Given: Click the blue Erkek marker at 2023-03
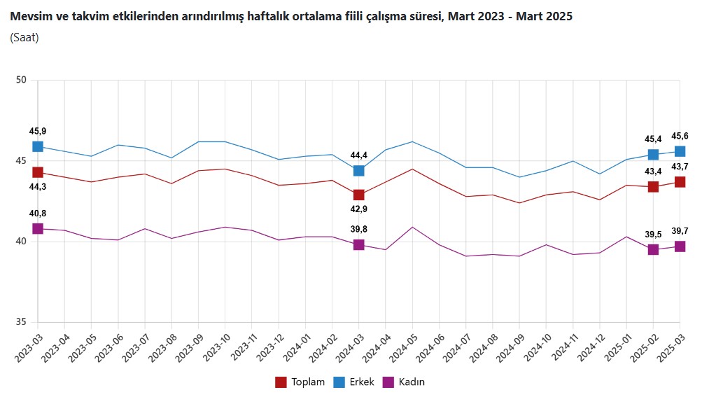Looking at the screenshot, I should (x=38, y=146).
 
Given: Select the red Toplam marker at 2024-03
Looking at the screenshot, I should (x=358, y=195).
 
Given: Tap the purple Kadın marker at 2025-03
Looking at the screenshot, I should (x=680, y=246).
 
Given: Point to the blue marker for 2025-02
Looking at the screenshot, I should (x=653, y=155).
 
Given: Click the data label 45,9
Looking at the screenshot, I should (x=38, y=131).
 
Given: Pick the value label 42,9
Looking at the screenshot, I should (x=358, y=210).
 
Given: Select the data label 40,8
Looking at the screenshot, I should (x=38, y=214).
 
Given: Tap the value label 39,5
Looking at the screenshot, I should (x=653, y=234).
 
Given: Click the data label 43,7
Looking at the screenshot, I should (x=680, y=166).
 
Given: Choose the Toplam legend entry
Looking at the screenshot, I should (x=300, y=382).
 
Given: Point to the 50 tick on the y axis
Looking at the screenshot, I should (x=21, y=81).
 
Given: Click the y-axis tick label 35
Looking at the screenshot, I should (x=21, y=323).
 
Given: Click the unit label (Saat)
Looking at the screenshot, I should (x=24, y=38).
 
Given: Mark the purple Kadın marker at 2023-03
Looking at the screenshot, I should (x=38, y=229).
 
